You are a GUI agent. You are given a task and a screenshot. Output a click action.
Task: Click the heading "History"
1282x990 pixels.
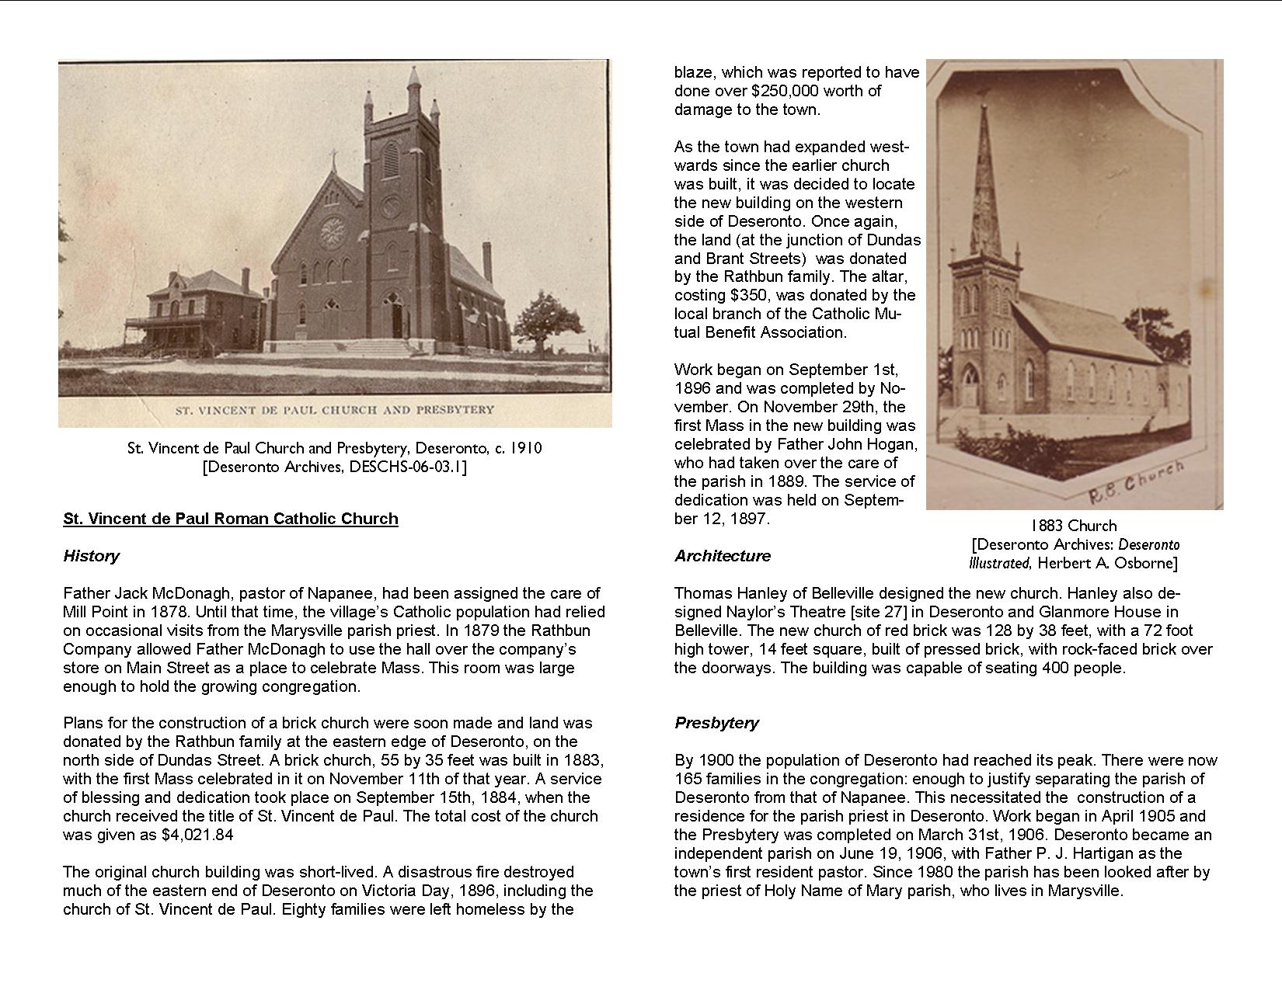click(x=91, y=556)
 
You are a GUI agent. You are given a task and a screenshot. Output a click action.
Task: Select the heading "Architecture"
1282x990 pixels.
click(x=723, y=556)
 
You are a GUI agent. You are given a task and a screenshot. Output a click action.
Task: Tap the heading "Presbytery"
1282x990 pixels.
click(x=716, y=723)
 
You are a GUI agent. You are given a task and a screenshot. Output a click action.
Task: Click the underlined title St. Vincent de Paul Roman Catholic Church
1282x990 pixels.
click(x=231, y=519)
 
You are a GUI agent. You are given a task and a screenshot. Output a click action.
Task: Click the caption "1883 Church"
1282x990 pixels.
click(x=1074, y=526)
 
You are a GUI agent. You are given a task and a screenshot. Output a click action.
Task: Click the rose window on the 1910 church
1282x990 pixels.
click(x=333, y=231)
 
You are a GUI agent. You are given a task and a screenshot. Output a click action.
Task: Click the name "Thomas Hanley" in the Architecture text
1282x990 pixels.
click(x=723, y=593)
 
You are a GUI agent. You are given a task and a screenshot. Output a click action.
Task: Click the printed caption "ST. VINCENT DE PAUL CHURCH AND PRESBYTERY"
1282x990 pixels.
click(x=335, y=409)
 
